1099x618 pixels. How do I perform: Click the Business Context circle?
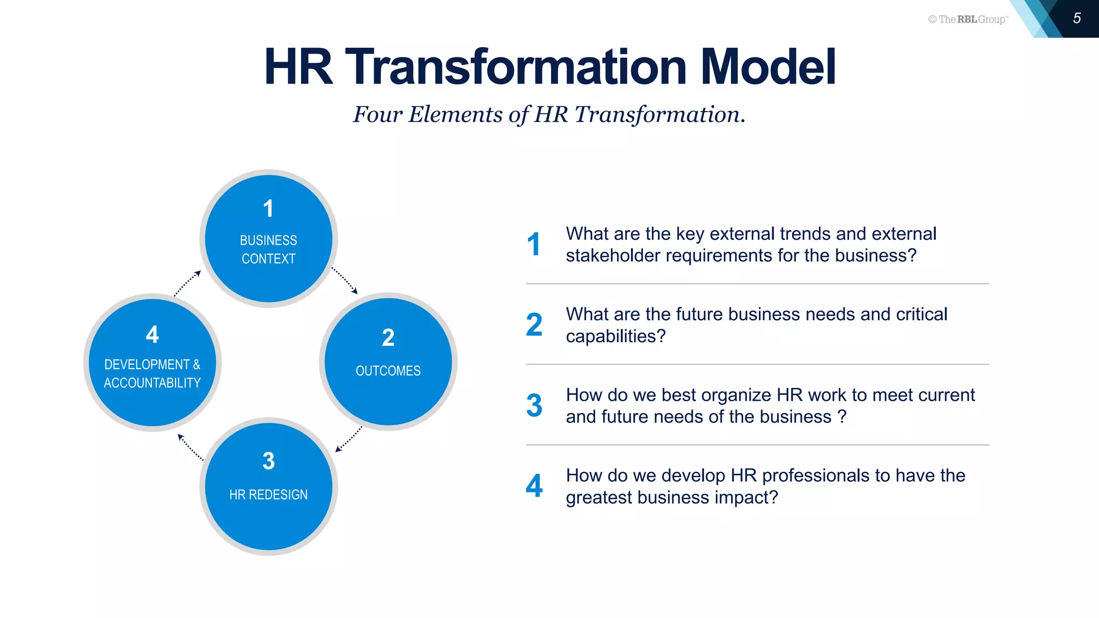point(268,239)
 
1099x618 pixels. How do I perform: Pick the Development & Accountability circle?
point(152,363)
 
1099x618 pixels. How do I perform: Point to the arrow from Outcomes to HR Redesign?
point(349,439)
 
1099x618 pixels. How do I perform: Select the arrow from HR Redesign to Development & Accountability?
point(190,447)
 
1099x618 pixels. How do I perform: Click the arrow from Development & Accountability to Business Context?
point(187,283)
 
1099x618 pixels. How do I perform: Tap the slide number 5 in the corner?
point(1076,18)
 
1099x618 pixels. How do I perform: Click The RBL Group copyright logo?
point(968,19)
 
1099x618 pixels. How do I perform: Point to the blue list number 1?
point(533,244)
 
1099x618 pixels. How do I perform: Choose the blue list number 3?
point(534,406)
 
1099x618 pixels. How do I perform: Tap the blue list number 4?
point(534,486)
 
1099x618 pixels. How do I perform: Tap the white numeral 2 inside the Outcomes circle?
point(388,338)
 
